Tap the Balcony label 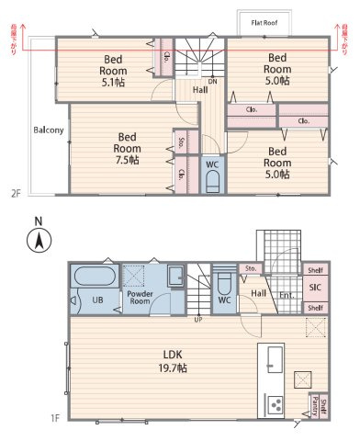[49, 130]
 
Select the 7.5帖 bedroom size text [127, 160]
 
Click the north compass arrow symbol [38, 242]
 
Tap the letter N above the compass [38, 221]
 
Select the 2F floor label [16, 193]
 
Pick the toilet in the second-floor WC [212, 182]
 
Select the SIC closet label [314, 288]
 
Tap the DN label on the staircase [212, 81]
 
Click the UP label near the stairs [197, 319]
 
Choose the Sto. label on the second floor [181, 142]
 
